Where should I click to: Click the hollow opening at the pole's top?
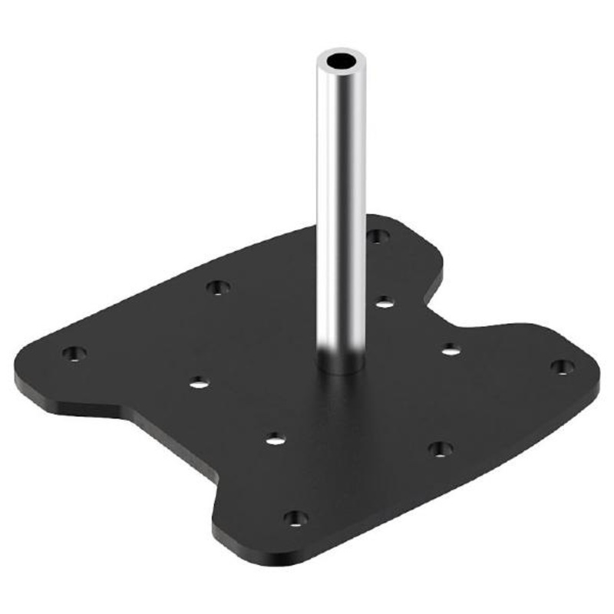[x=338, y=60]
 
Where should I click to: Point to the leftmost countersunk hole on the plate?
[x=74, y=354]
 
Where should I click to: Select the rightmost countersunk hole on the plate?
[x=563, y=367]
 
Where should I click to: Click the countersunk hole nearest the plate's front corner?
[x=293, y=518]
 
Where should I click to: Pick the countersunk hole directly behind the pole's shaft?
[x=376, y=236]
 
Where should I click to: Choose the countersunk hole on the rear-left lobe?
[x=219, y=288]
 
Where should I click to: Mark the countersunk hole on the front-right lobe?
[x=439, y=448]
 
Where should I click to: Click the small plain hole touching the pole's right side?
[x=385, y=302]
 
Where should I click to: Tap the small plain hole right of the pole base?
[x=451, y=349]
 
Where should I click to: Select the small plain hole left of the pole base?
[x=199, y=381]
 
